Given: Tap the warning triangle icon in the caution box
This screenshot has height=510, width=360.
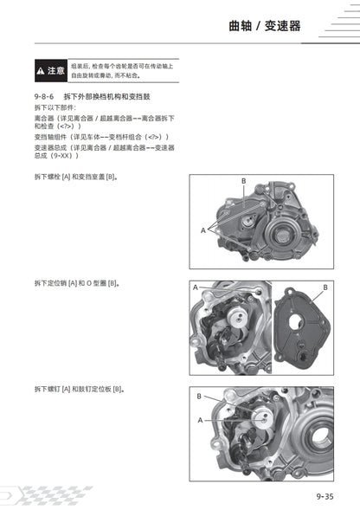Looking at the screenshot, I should coord(40,69).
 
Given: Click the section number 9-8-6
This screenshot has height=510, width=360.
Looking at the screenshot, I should coord(47,96).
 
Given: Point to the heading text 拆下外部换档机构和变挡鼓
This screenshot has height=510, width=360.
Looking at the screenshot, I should coord(114,96).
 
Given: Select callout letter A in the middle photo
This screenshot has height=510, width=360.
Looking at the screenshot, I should coord(196,287).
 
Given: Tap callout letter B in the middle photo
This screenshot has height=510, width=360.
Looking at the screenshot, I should coord(325,287).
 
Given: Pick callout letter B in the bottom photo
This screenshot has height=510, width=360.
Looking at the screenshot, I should coord(199,396).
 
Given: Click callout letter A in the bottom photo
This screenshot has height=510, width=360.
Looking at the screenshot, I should coord(201,419).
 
